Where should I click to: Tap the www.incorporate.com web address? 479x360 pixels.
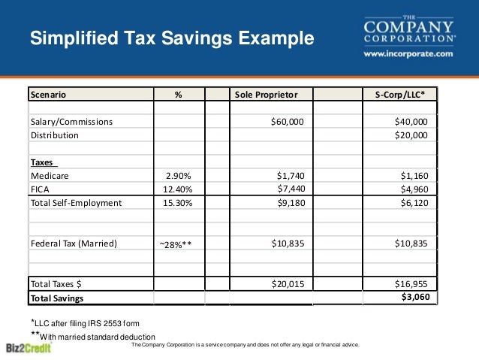(408, 54)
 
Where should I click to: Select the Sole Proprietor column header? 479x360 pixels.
(267, 95)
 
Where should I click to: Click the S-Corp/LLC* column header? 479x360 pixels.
(405, 95)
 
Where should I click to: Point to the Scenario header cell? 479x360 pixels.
(48, 95)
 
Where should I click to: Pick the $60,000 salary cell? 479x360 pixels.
(287, 122)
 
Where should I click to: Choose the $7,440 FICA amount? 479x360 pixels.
(291, 188)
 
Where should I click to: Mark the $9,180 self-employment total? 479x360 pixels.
(291, 203)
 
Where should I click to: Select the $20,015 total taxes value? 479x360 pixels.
(287, 284)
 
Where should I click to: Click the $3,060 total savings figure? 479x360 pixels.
(414, 297)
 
